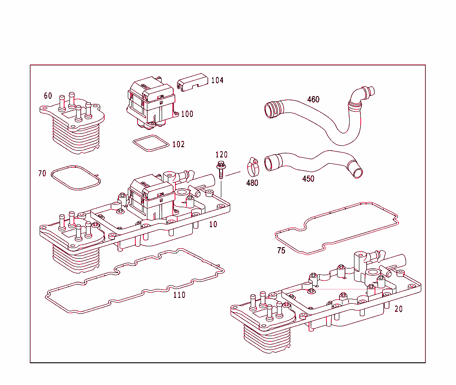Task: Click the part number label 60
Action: [x=48, y=96]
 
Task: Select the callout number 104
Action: [x=217, y=80]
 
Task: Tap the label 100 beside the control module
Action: [x=187, y=114]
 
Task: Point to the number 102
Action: [x=178, y=144]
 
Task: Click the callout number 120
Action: [x=221, y=155]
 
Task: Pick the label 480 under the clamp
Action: [x=252, y=183]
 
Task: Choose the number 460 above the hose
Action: [x=313, y=100]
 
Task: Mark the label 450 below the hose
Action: [x=308, y=179]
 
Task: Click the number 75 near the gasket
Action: [x=281, y=251]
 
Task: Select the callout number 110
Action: [x=179, y=295]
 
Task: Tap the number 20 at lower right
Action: [x=398, y=309]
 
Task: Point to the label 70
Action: [x=42, y=173]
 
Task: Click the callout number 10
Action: [x=213, y=225]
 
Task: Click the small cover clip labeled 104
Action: [x=192, y=83]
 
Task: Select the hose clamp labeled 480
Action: [x=253, y=167]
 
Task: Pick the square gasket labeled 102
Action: [x=151, y=143]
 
